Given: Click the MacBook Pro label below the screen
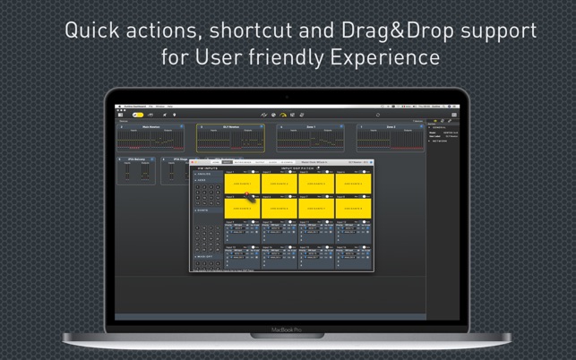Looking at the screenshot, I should [288, 330].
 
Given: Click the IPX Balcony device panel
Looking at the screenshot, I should [136, 171].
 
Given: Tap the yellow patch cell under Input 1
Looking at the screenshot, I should [242, 183].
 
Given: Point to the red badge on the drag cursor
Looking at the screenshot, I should [247, 193].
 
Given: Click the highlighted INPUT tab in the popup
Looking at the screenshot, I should [227, 162].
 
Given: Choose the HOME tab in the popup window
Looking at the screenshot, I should [215, 162].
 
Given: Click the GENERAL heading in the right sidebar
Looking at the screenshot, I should [439, 127].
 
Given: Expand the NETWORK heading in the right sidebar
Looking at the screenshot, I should [440, 141].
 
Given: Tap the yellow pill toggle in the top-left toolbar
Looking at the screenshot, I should [137, 115].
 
